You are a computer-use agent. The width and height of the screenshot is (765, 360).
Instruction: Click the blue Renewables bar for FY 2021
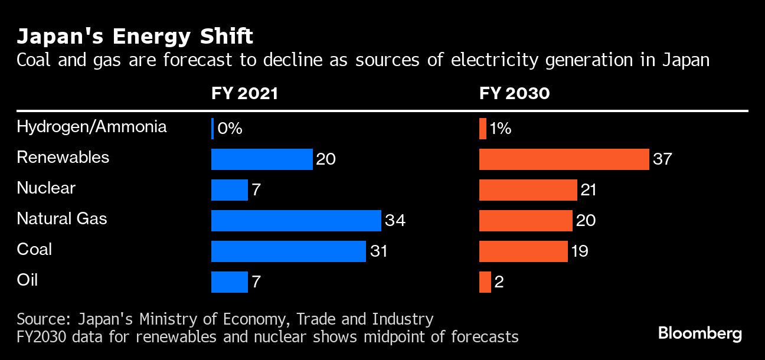(x=261, y=159)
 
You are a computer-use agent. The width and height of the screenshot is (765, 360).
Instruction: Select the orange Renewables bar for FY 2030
(x=564, y=159)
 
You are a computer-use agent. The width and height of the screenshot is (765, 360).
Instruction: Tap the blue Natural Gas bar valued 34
(x=296, y=221)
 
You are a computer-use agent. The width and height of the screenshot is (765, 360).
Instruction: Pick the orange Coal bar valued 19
(x=523, y=251)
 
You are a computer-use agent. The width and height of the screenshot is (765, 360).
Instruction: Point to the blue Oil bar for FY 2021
(x=229, y=282)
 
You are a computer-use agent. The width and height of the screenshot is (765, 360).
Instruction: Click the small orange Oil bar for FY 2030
(x=485, y=282)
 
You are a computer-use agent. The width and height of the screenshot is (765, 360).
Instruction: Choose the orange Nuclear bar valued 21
(x=528, y=190)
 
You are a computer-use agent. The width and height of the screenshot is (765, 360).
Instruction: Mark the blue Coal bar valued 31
(x=288, y=251)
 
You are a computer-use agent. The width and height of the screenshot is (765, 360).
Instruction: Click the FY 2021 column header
(x=244, y=94)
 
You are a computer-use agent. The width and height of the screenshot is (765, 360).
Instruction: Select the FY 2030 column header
(x=514, y=94)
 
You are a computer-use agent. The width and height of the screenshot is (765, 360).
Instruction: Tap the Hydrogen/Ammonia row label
(x=91, y=127)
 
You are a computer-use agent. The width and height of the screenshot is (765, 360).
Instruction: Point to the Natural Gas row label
(x=62, y=219)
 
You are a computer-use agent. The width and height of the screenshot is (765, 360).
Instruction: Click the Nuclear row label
(x=46, y=188)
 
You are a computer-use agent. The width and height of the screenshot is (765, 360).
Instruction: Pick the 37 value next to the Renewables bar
(x=662, y=159)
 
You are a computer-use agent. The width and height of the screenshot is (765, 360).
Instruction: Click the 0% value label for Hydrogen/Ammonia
(x=230, y=129)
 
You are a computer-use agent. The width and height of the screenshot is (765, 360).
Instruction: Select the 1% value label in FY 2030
(x=500, y=129)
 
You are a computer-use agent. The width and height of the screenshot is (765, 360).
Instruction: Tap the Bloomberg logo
(x=700, y=333)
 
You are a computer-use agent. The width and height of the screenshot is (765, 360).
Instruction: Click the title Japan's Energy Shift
(x=135, y=37)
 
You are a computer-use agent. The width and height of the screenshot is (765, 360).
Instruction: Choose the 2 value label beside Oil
(x=499, y=282)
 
